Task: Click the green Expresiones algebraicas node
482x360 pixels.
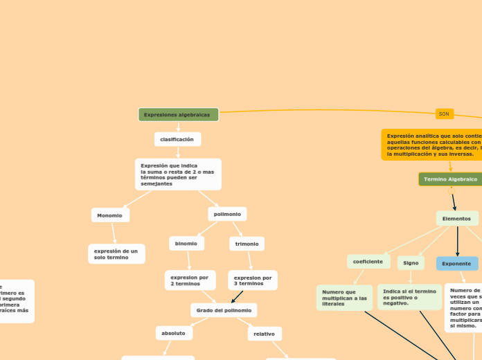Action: pyautogui.click(x=178, y=114)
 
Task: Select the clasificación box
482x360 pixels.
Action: pyautogui.click(x=177, y=139)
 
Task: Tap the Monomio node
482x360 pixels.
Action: pyautogui.click(x=110, y=215)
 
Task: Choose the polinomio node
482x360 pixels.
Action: pyautogui.click(x=227, y=214)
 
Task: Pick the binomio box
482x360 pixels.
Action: pyautogui.click(x=186, y=243)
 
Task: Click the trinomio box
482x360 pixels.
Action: pyautogui.click(x=247, y=244)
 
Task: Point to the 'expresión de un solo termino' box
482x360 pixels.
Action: pyautogui.click(x=116, y=254)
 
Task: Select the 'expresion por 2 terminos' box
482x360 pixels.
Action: pyautogui.click(x=190, y=280)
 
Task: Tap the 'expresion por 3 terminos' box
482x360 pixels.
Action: pyautogui.click(x=253, y=280)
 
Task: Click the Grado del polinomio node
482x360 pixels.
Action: pyautogui.click(x=224, y=310)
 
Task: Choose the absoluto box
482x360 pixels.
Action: pyautogui.click(x=174, y=333)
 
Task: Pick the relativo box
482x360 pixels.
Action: pyautogui.click(x=265, y=334)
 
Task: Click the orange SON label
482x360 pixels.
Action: pyautogui.click(x=444, y=114)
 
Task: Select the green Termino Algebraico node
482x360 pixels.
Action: pyautogui.click(x=451, y=179)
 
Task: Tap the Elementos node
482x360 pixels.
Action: pyautogui.click(x=456, y=218)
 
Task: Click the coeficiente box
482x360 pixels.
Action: pyautogui.click(x=368, y=262)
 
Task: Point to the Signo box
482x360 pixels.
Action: pyautogui.click(x=411, y=263)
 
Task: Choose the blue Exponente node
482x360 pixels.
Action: pyautogui.click(x=456, y=264)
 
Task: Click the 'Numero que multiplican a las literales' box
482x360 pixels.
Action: pyautogui.click(x=344, y=298)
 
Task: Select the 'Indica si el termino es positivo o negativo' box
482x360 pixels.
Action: pyautogui.click(x=409, y=297)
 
